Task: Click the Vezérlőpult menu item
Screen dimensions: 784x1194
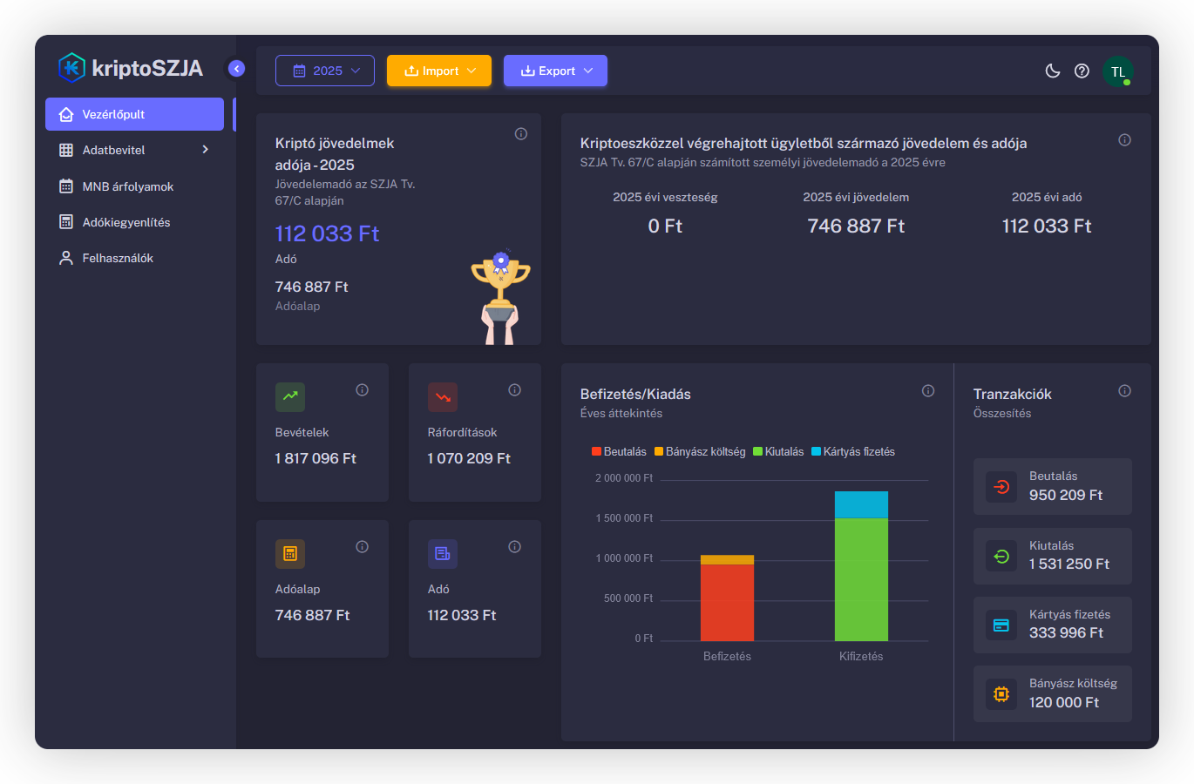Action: click(133, 114)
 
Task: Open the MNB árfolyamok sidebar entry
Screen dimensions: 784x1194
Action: click(127, 186)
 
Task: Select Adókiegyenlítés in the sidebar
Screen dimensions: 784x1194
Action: click(126, 222)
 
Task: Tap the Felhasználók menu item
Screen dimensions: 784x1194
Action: click(118, 258)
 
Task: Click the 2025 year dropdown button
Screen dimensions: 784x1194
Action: click(325, 71)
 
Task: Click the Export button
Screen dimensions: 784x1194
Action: click(555, 71)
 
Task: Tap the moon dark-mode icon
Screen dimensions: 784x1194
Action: click(1053, 71)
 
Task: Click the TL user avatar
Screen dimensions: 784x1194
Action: click(1117, 71)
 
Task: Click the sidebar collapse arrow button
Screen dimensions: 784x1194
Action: click(236, 68)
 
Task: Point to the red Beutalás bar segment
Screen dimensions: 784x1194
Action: click(727, 602)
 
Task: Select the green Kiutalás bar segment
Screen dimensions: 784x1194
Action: click(861, 579)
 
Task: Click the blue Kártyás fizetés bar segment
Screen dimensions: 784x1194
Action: click(861, 504)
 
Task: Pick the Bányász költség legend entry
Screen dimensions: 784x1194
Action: click(700, 451)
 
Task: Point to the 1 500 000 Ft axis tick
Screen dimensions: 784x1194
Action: click(624, 518)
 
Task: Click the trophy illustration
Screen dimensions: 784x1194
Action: click(500, 296)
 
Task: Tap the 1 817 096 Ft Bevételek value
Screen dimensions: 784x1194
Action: click(315, 458)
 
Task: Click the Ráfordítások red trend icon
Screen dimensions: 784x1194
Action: click(443, 397)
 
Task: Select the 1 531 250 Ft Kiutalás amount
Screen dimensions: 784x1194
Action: click(1068, 564)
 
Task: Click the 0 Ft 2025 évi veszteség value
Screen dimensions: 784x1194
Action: click(665, 226)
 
